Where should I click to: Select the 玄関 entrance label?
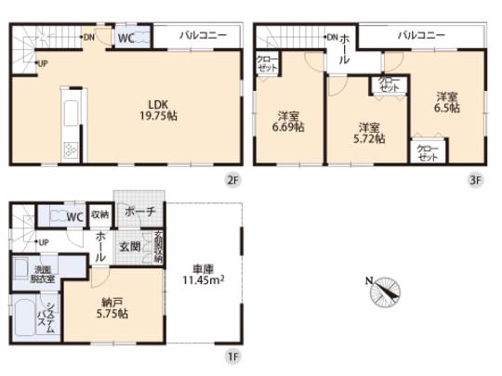pos(129,247)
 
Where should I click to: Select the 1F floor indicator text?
pos(233,354)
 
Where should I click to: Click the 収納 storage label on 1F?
pos(99,214)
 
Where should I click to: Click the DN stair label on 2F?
pos(88,37)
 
